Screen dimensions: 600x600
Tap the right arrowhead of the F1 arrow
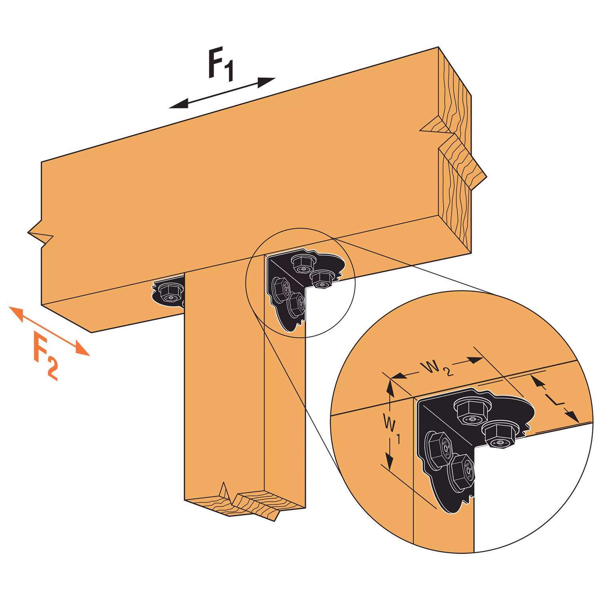[x=267, y=81]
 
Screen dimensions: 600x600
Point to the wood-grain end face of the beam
[x=456, y=160]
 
